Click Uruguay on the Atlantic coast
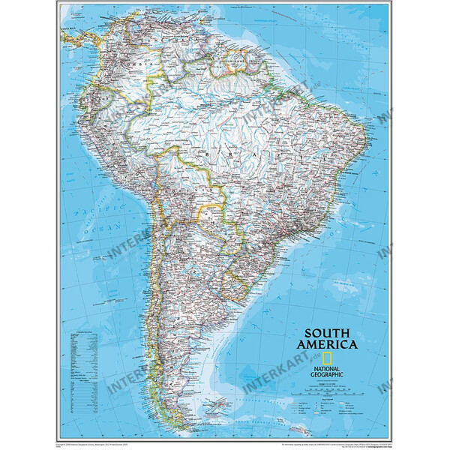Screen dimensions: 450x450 233,284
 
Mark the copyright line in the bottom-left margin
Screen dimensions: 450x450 97,444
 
